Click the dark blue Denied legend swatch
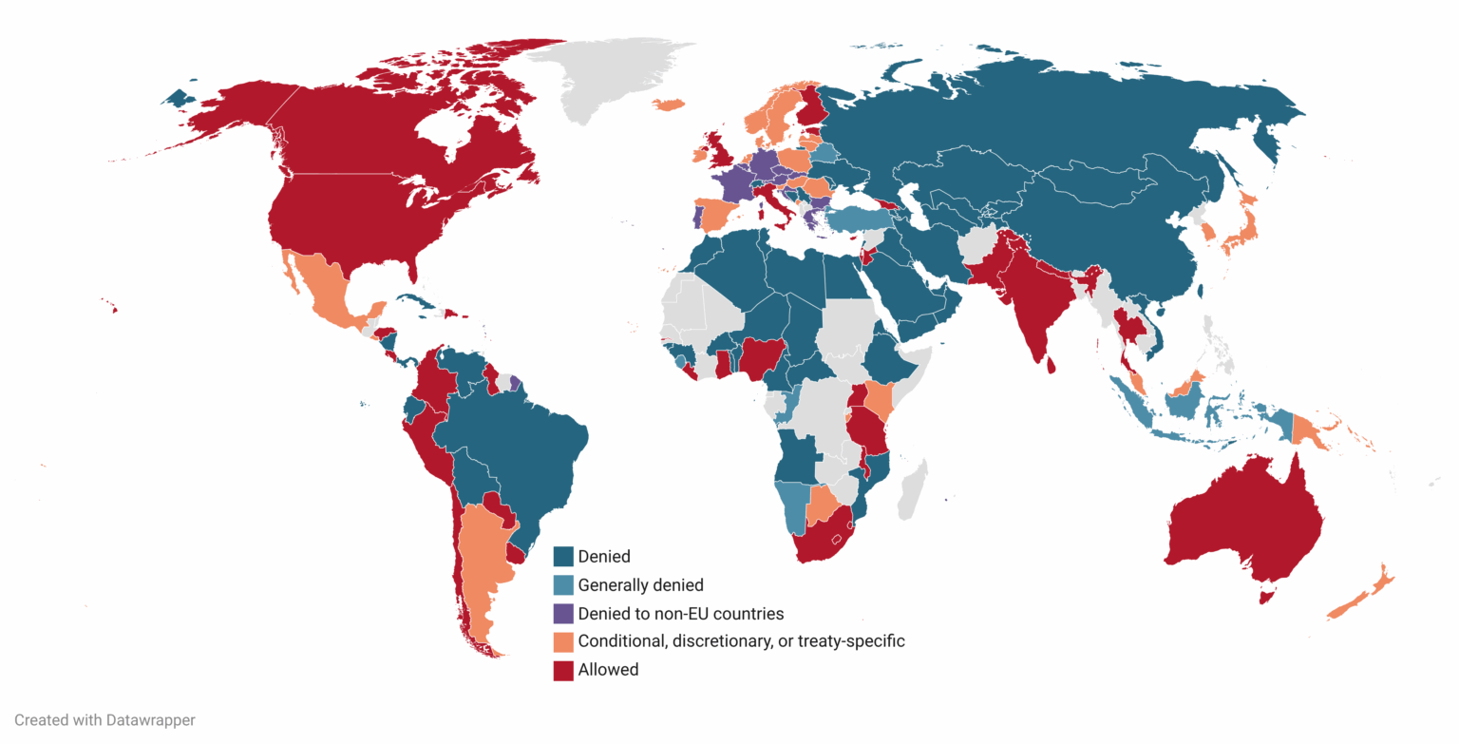(564, 557)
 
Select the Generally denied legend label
(640, 585)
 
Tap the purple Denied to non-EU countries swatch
(564, 613)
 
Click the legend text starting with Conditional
(741, 641)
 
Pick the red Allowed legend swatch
(564, 670)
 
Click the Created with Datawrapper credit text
(104, 720)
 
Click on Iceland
(670, 104)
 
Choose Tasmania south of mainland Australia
(1263, 596)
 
